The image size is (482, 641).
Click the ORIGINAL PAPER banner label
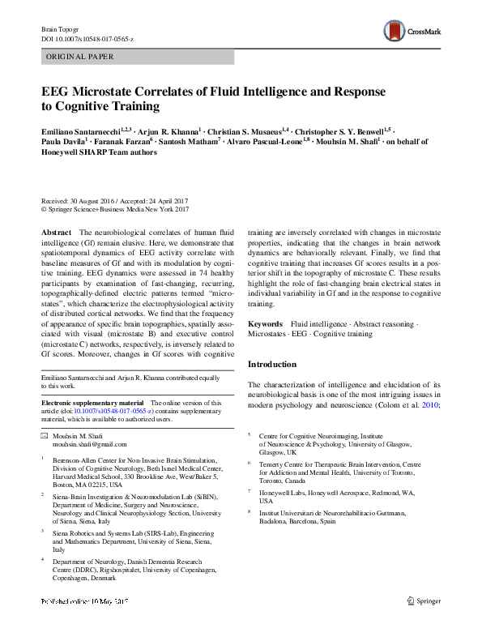point(80,57)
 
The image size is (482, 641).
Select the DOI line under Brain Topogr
point(87,39)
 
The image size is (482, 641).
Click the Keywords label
point(265,324)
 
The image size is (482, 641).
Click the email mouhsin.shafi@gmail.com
point(86,445)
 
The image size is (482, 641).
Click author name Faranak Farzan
point(119,140)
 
